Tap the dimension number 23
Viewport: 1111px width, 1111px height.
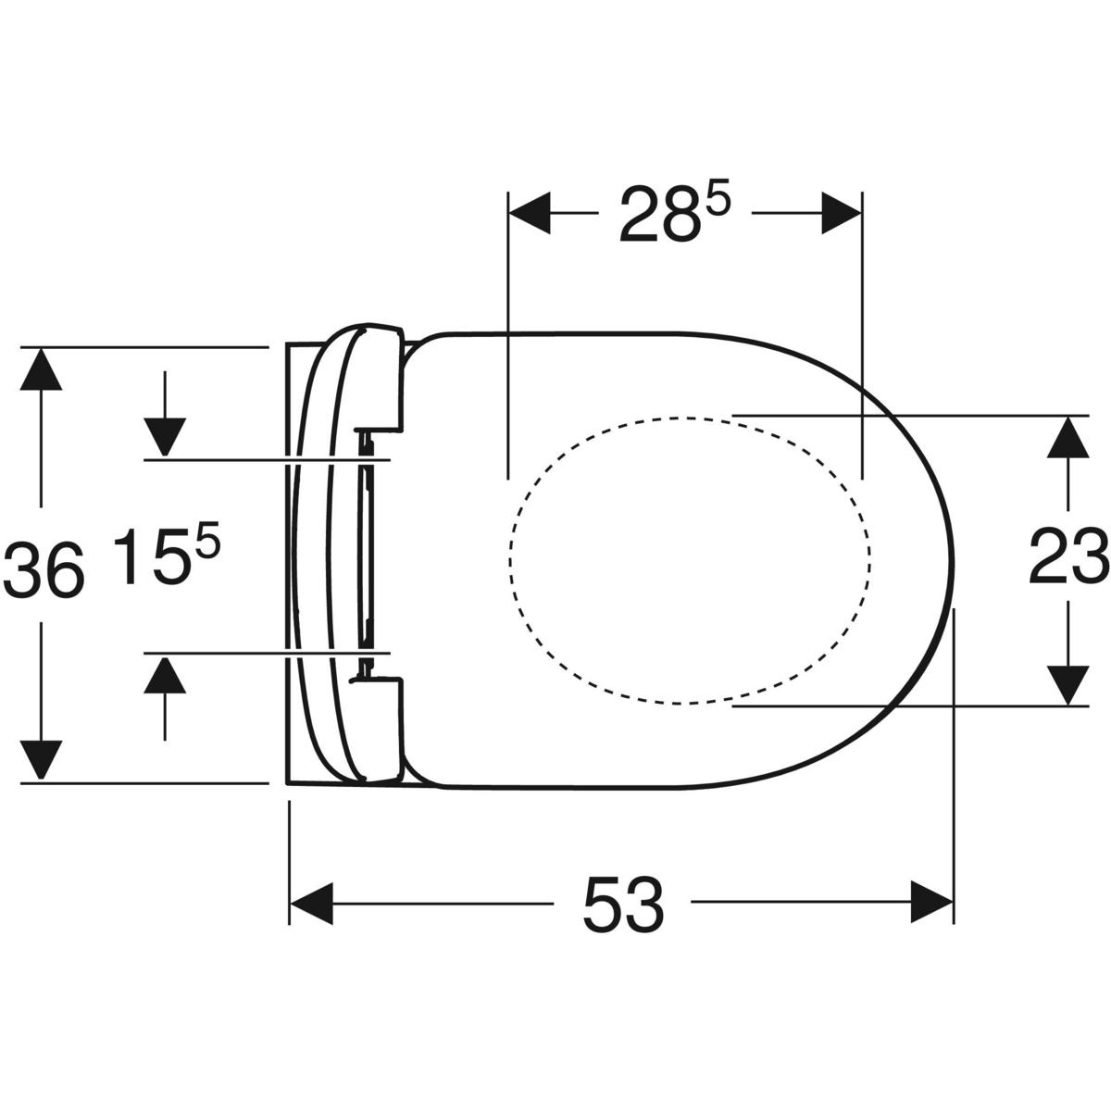(1069, 557)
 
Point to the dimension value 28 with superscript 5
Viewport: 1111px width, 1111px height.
(675, 213)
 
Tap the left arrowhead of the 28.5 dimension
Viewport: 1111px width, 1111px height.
(529, 213)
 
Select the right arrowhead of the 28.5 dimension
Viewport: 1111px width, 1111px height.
(841, 213)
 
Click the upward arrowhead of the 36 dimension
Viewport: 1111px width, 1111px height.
(41, 369)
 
